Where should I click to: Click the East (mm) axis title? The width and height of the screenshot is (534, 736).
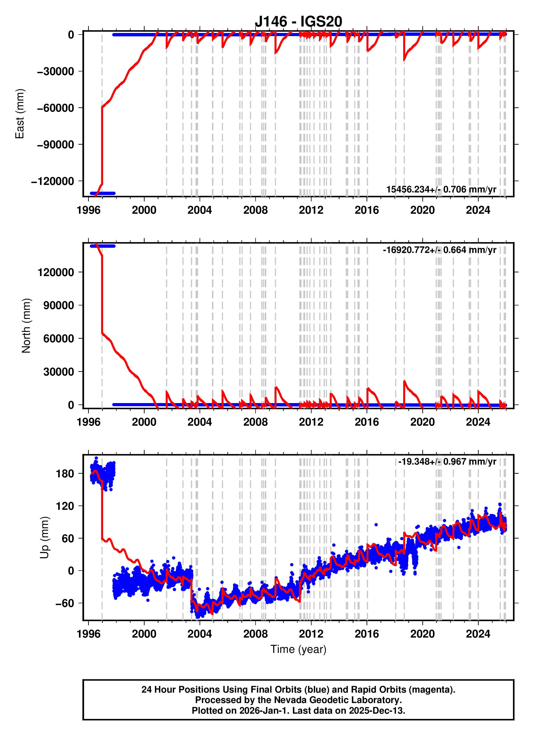pyautogui.click(x=20, y=113)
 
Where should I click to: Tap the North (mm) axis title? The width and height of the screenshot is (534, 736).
pyautogui.click(x=26, y=325)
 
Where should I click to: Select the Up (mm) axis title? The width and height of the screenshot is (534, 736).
pyautogui.click(x=44, y=537)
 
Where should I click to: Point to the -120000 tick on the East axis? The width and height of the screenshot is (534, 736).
pyautogui.click(x=52, y=181)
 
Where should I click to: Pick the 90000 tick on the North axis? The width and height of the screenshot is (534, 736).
pyautogui.click(x=59, y=305)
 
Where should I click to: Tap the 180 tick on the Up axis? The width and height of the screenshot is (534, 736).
pyautogui.click(x=65, y=474)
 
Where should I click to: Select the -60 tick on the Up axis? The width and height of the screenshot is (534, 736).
pyautogui.click(x=65, y=603)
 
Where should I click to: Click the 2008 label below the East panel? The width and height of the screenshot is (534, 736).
pyautogui.click(x=256, y=210)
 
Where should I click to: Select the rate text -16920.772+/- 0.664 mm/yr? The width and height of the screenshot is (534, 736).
pyautogui.click(x=439, y=250)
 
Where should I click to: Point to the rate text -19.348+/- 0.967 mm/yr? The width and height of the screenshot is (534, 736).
pyautogui.click(x=447, y=461)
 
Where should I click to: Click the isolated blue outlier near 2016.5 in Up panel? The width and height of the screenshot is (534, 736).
pyautogui.click(x=376, y=525)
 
